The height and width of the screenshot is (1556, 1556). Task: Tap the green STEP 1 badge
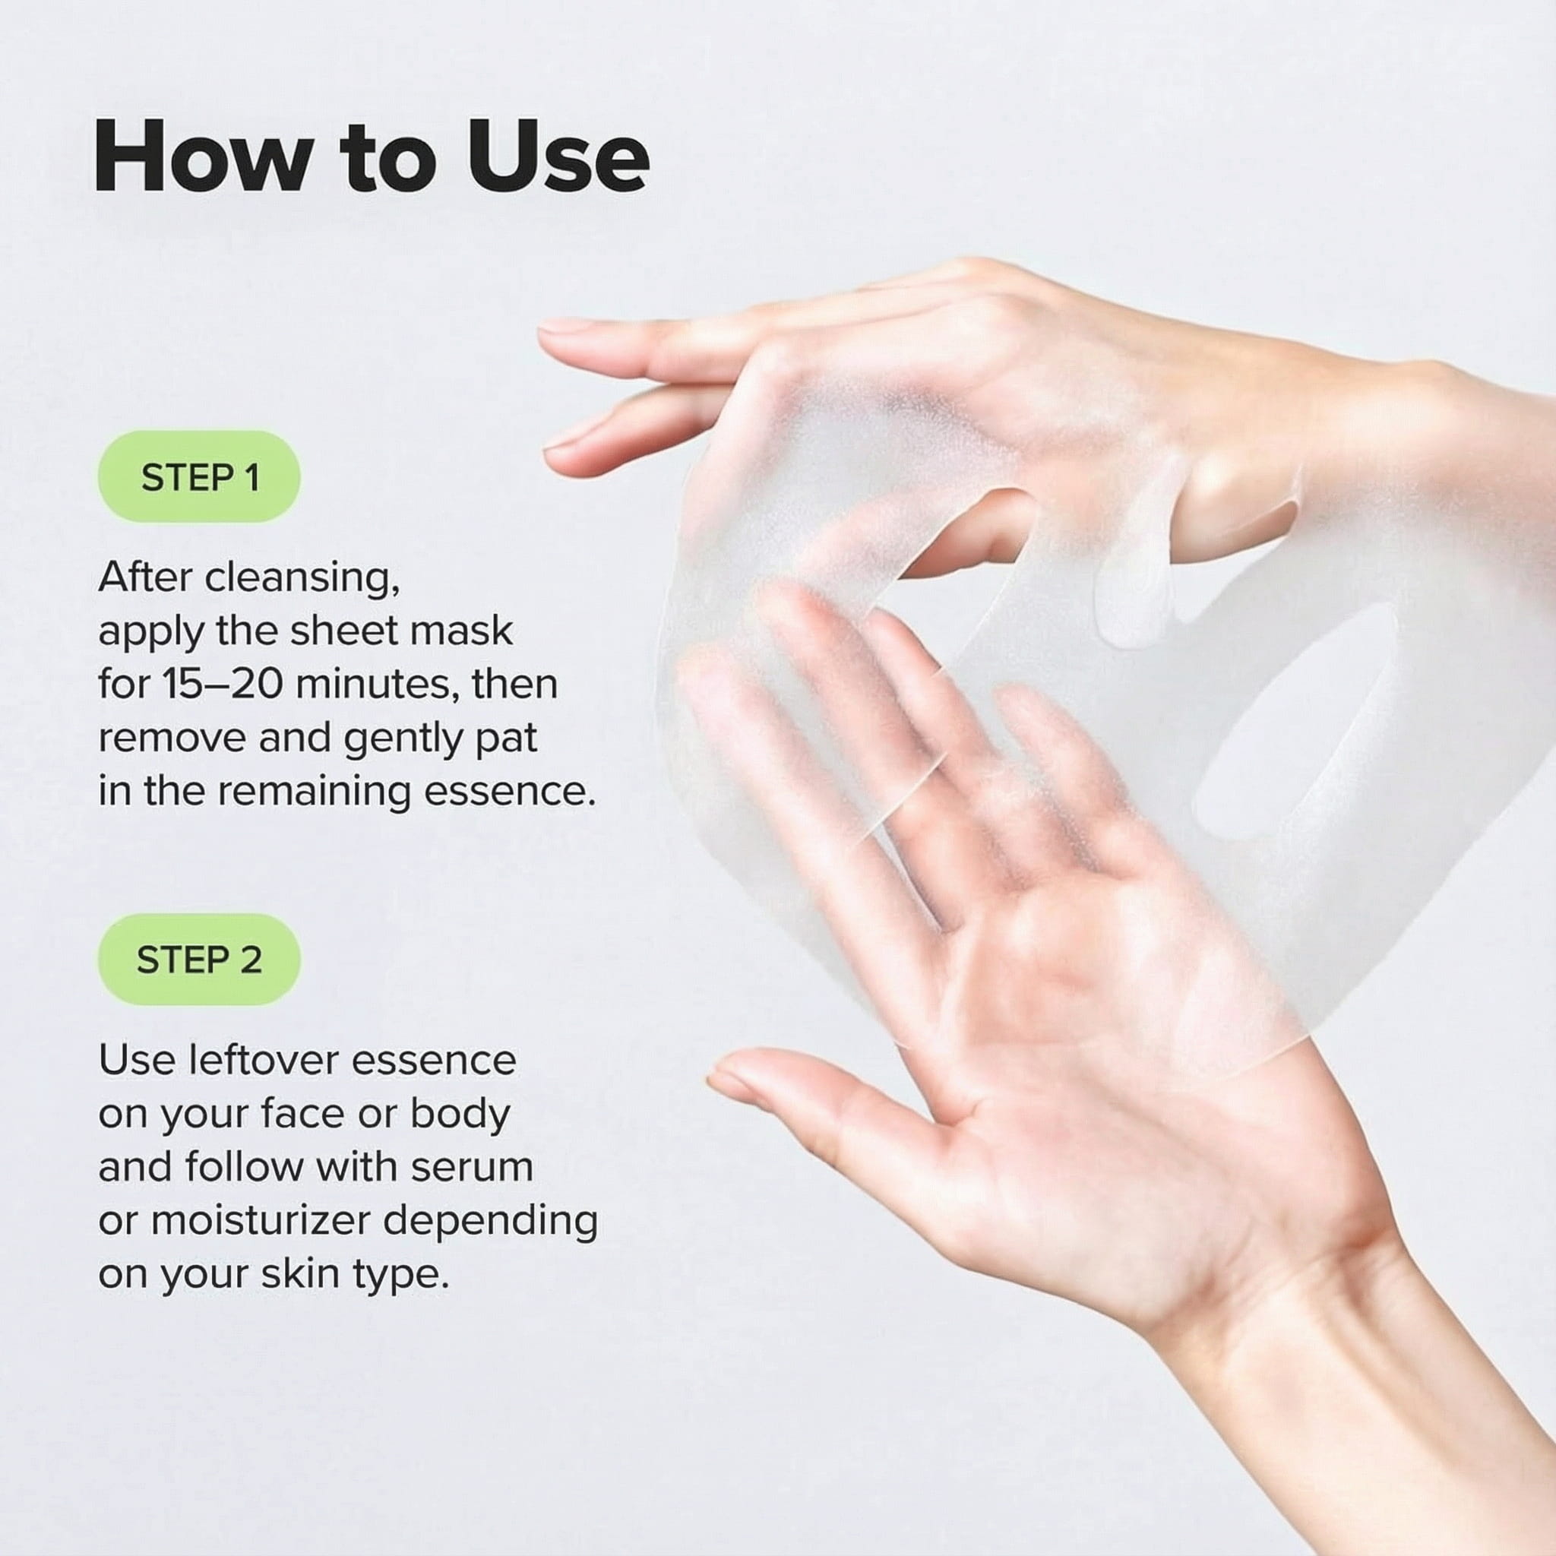[x=199, y=477]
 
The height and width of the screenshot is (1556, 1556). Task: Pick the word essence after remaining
[x=509, y=792]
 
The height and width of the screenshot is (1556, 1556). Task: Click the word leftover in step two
[x=264, y=1061]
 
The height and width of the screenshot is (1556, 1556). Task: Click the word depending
[x=490, y=1221]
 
